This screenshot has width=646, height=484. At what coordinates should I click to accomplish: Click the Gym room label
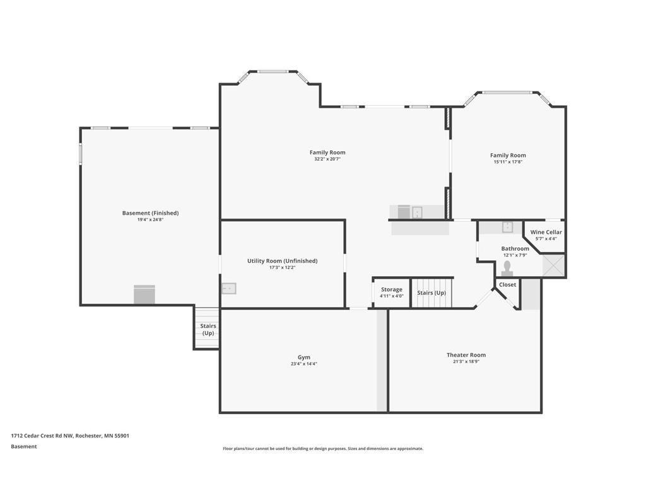(x=304, y=357)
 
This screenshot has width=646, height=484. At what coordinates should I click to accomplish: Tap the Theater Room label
(x=466, y=355)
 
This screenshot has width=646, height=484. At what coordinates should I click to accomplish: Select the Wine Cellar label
(x=546, y=232)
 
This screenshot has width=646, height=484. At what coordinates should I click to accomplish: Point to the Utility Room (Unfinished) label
(x=282, y=261)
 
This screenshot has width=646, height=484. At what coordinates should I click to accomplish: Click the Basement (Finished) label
(x=150, y=213)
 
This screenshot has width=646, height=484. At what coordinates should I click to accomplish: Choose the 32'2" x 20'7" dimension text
(x=327, y=159)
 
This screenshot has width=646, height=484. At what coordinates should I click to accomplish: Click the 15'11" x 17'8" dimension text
(x=508, y=162)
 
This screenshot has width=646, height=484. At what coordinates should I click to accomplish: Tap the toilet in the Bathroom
(x=507, y=268)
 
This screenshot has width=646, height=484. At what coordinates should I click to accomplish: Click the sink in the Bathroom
(x=507, y=227)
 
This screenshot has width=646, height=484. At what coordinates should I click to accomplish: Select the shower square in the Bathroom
(x=553, y=265)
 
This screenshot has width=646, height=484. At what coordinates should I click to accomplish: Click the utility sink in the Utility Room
(x=229, y=289)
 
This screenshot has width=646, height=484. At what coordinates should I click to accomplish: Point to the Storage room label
(x=391, y=289)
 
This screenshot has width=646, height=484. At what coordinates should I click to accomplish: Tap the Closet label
(x=507, y=284)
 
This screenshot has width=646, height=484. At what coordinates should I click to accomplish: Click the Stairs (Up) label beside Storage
(x=432, y=292)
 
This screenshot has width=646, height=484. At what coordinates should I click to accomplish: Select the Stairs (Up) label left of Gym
(x=208, y=329)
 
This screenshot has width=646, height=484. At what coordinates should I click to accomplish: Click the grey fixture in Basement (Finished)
(x=144, y=294)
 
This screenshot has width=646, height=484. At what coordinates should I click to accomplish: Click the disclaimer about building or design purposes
(x=323, y=449)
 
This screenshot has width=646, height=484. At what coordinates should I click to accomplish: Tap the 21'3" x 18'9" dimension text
(x=466, y=362)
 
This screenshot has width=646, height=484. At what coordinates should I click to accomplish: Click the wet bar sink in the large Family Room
(x=417, y=212)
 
